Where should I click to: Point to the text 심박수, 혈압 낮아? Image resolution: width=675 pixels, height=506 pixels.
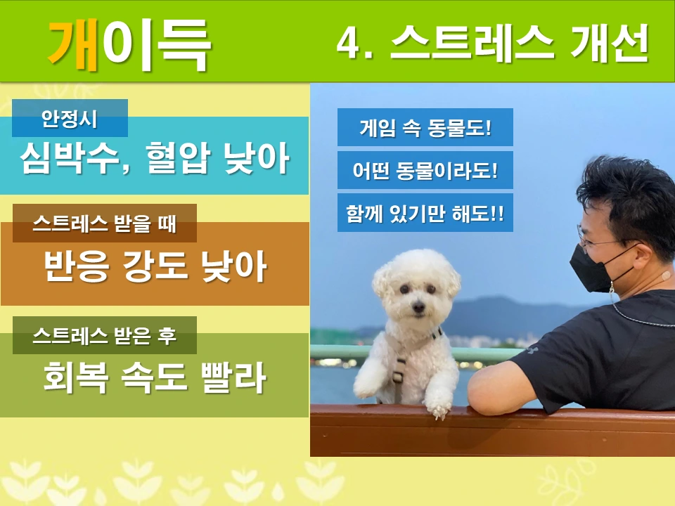click(x=155, y=158)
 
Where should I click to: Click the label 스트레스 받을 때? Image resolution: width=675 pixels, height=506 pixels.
click(x=104, y=224)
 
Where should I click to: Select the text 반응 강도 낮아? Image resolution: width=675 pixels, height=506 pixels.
click(x=155, y=267)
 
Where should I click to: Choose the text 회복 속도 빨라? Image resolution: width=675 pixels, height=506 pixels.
click(x=155, y=378)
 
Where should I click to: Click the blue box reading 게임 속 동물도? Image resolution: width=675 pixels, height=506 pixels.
click(x=425, y=128)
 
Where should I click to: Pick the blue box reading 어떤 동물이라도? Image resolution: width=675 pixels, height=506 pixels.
click(x=425, y=170)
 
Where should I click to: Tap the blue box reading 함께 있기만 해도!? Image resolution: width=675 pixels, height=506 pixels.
click(x=425, y=213)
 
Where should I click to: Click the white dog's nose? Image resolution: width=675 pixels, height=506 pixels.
click(x=418, y=306)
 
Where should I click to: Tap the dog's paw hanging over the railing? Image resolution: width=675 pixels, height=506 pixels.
click(x=440, y=406)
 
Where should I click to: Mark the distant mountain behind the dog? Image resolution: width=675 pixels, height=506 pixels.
click(x=492, y=309)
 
